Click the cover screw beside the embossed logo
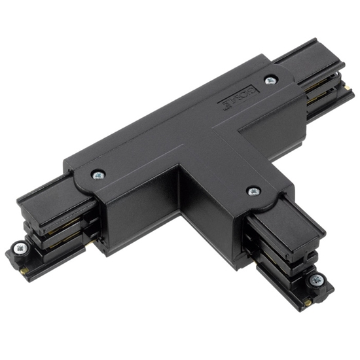click(270, 80)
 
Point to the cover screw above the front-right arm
click(253, 191)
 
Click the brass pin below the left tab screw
click(24, 268)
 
